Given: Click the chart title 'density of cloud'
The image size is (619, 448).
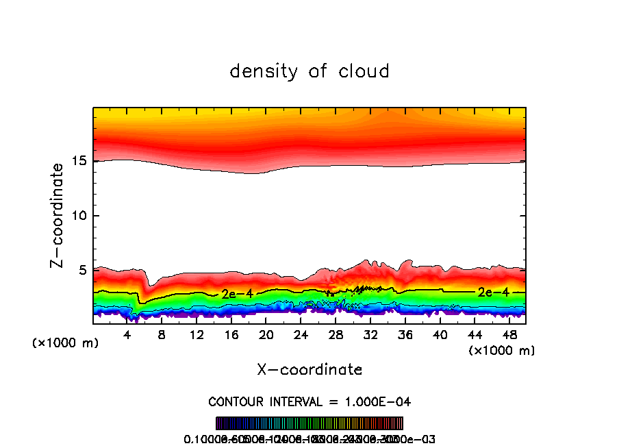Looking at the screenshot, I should (309, 71).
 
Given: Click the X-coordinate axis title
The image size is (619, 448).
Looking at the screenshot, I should (309, 370).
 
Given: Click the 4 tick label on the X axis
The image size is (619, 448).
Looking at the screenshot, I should (127, 335).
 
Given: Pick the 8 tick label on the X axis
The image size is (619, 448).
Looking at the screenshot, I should (162, 335).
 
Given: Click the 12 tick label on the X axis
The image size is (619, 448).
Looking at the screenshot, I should (197, 335).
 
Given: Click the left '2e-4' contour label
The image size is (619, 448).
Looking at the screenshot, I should (237, 293).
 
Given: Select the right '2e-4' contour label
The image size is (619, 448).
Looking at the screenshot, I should (493, 292).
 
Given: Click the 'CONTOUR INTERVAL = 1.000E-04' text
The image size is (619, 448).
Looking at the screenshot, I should (309, 401).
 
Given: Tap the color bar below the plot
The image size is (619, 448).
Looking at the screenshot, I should (309, 423).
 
